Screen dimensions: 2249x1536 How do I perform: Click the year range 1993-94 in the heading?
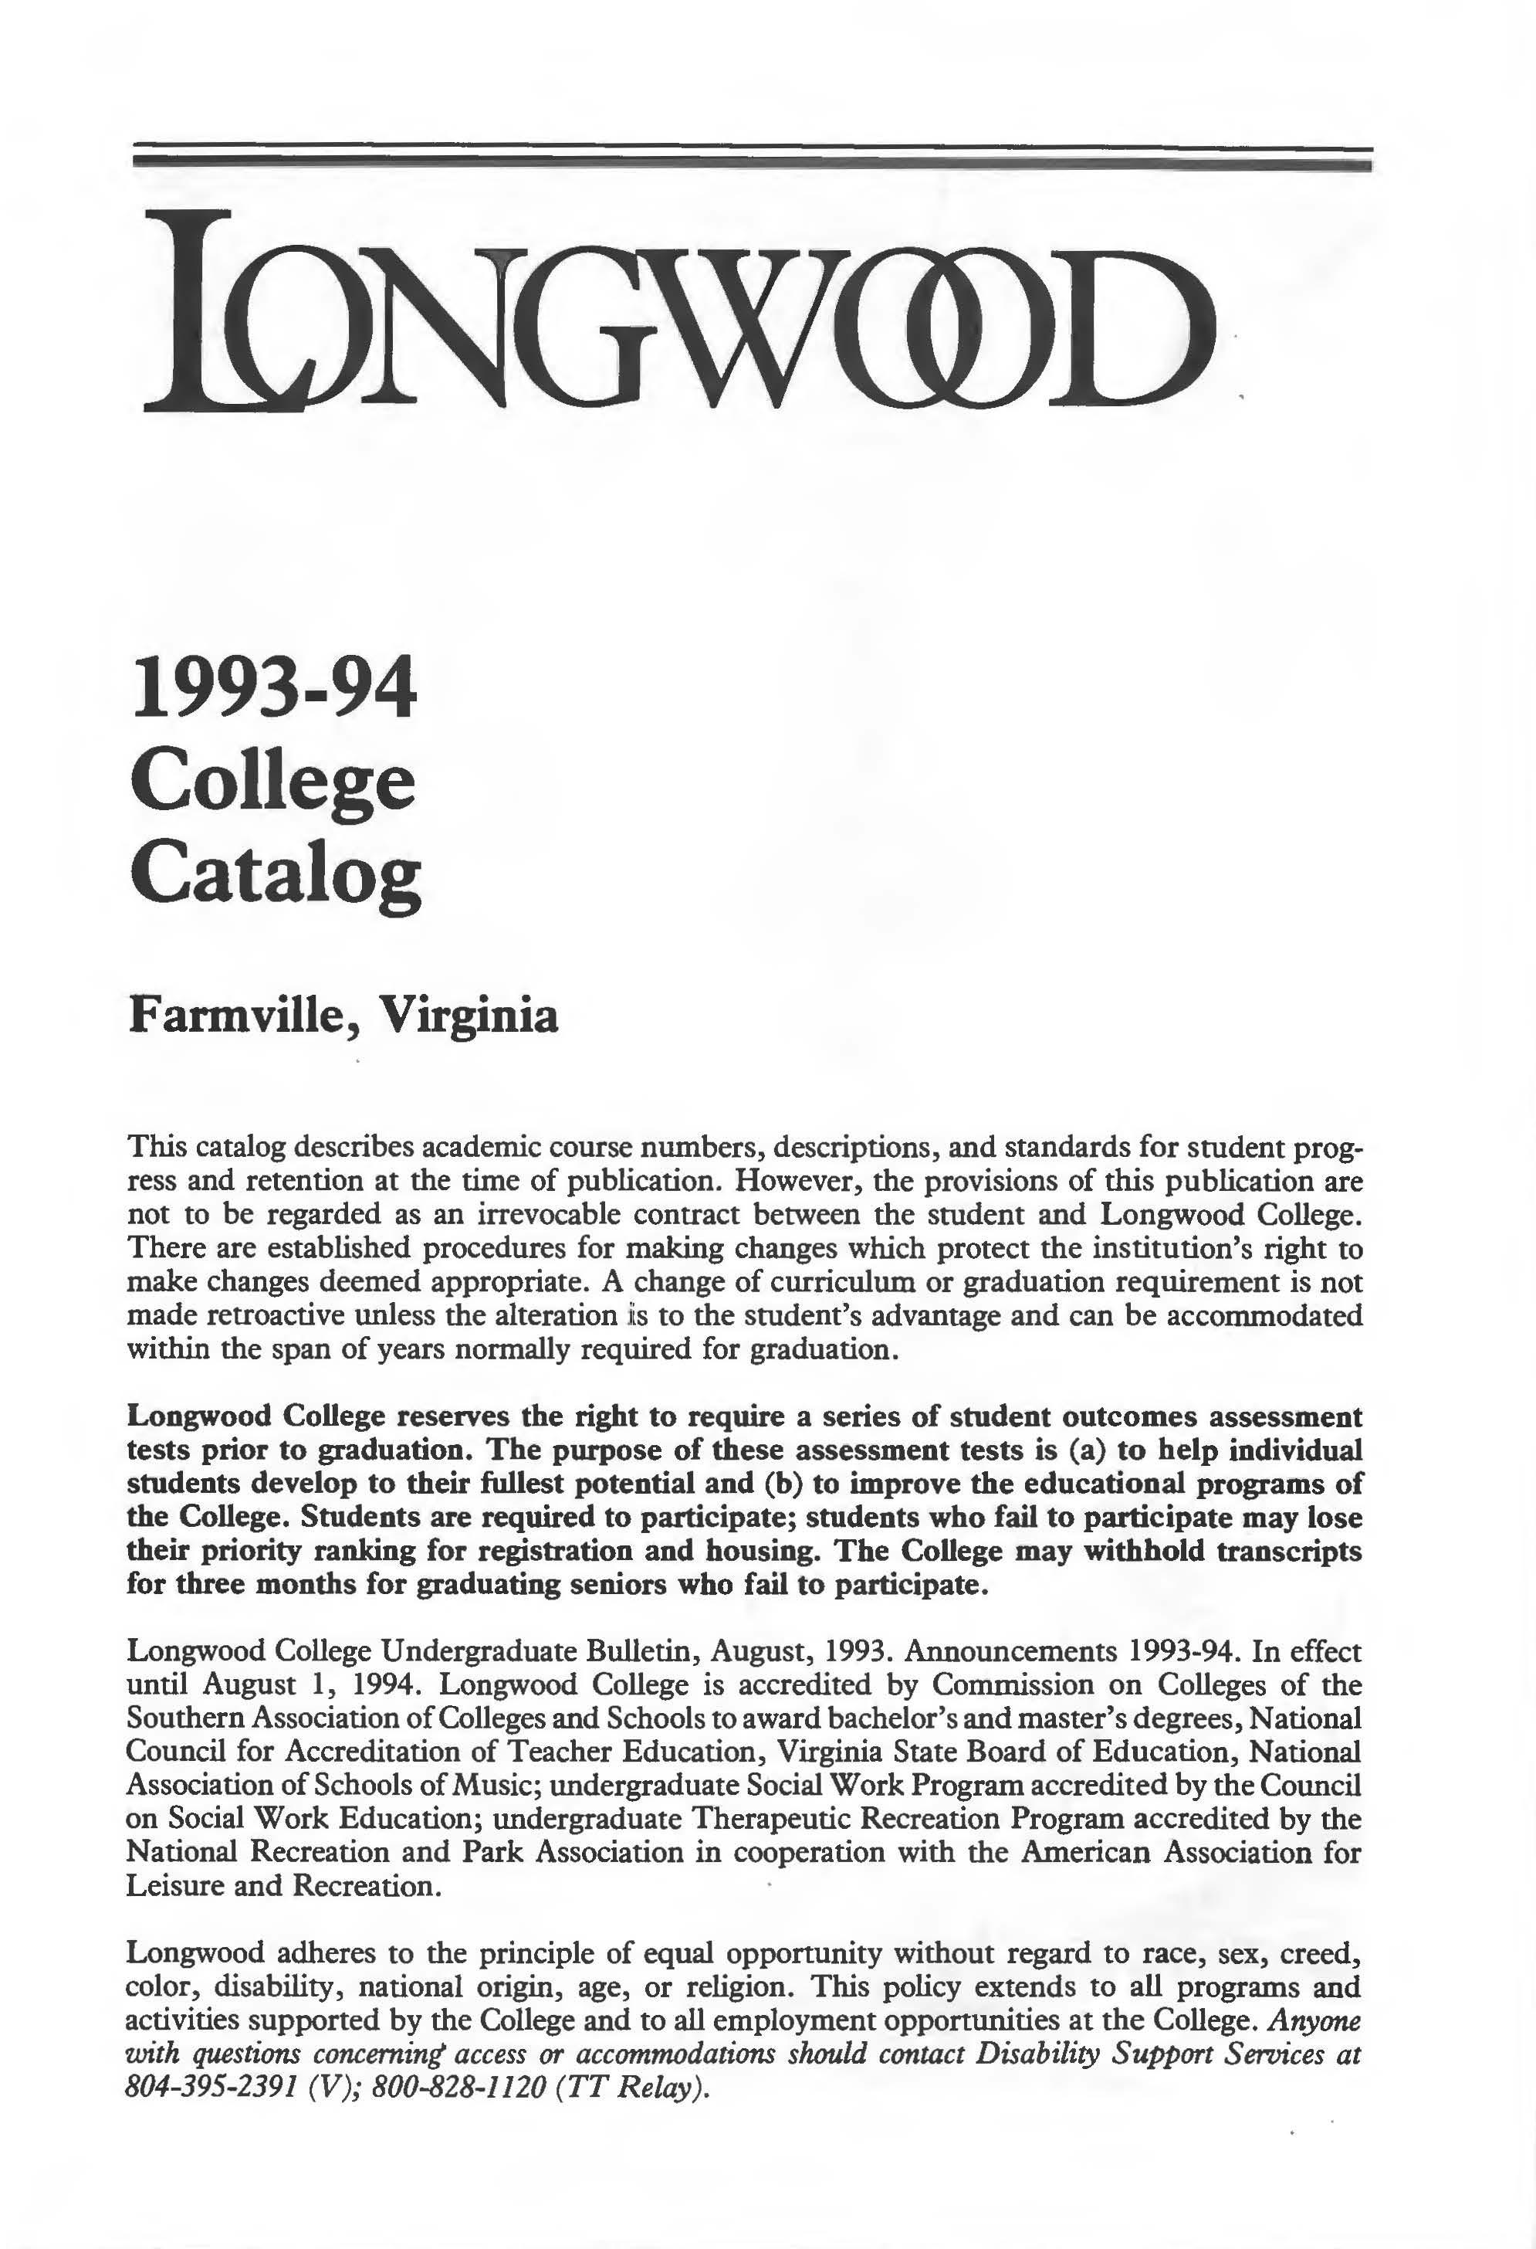274,689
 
